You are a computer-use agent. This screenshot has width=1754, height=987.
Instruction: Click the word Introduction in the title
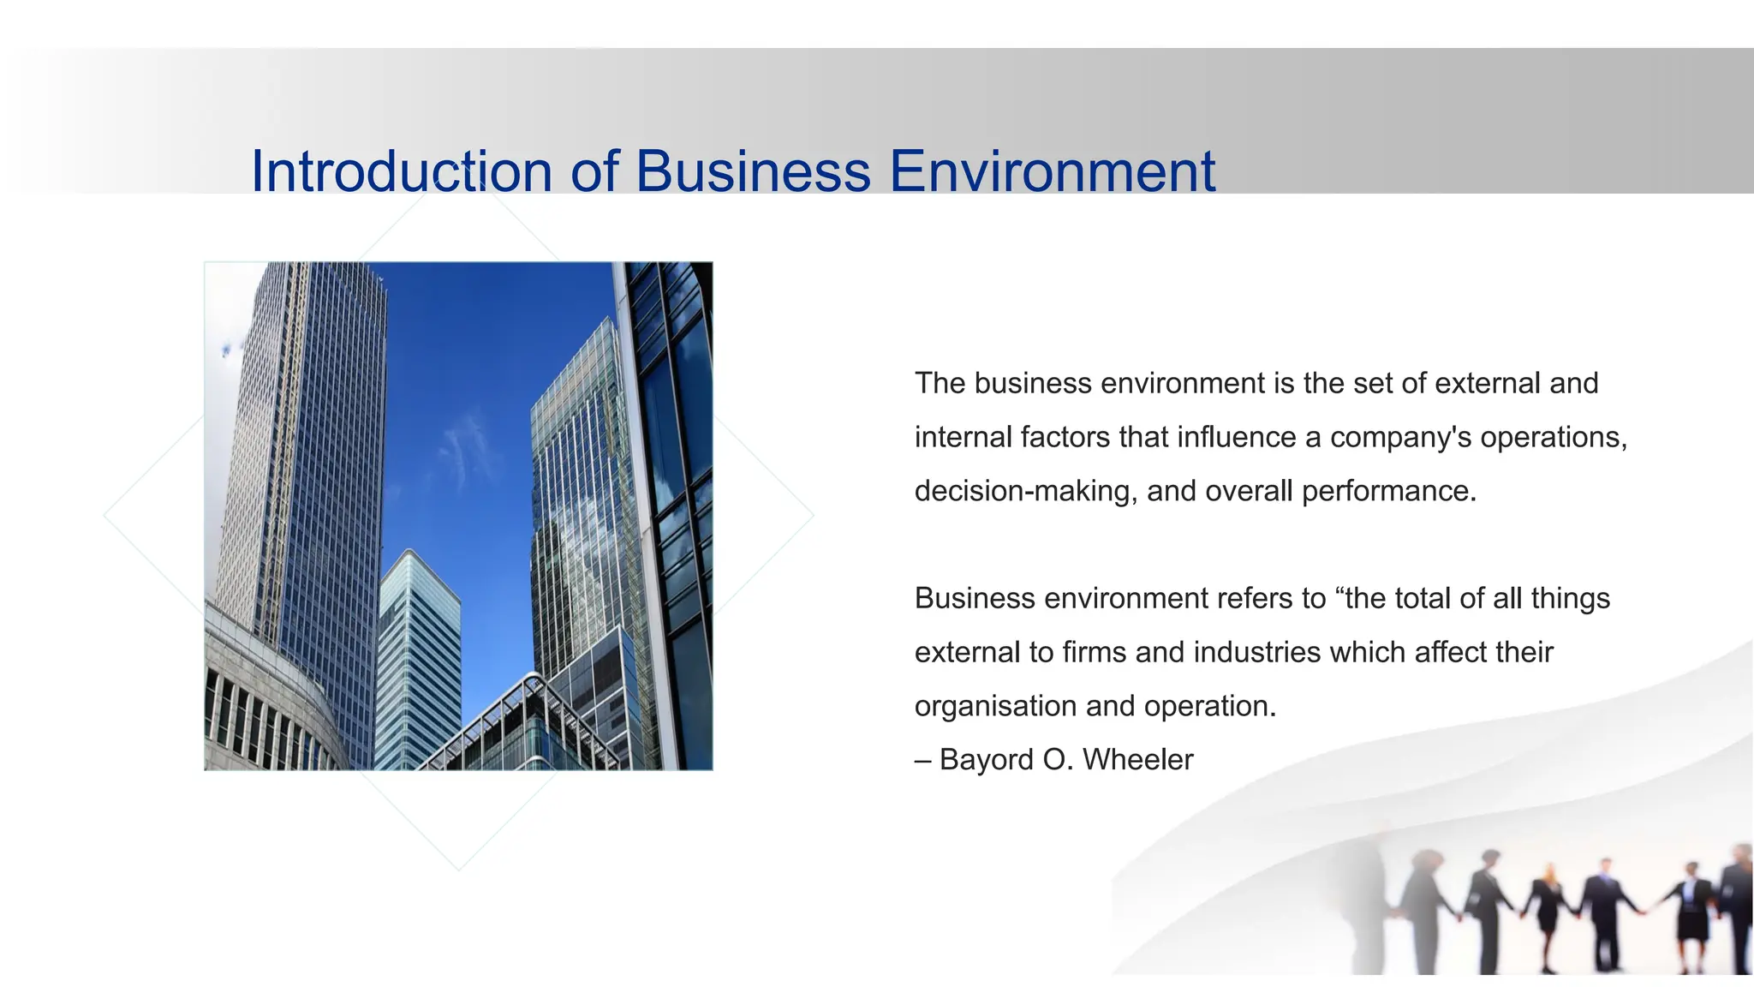click(401, 170)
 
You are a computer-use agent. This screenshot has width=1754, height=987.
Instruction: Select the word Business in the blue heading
click(753, 170)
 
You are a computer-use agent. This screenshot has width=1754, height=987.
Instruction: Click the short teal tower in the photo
click(419, 660)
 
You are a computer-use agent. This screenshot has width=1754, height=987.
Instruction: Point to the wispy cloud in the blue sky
click(467, 450)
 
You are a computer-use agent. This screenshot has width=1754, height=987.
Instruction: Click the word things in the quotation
click(1570, 598)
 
